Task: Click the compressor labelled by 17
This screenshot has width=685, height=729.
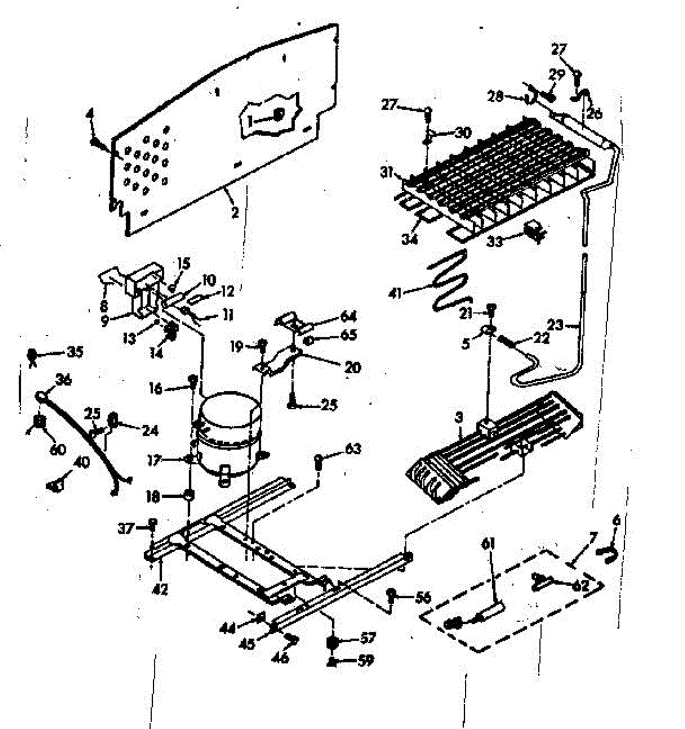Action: pos(228,431)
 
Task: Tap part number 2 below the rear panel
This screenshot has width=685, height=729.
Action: pos(234,213)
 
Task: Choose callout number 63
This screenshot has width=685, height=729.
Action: pos(353,449)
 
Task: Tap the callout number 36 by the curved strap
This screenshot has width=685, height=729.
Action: pos(63,380)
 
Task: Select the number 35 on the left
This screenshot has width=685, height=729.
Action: pos(75,352)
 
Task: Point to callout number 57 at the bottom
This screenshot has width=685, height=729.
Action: pos(367,638)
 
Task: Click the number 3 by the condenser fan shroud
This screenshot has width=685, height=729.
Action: pos(459,418)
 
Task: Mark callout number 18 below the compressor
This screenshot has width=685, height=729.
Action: pos(152,497)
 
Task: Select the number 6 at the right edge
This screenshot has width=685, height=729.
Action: pos(617,520)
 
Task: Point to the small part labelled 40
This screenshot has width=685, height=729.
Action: pos(55,485)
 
